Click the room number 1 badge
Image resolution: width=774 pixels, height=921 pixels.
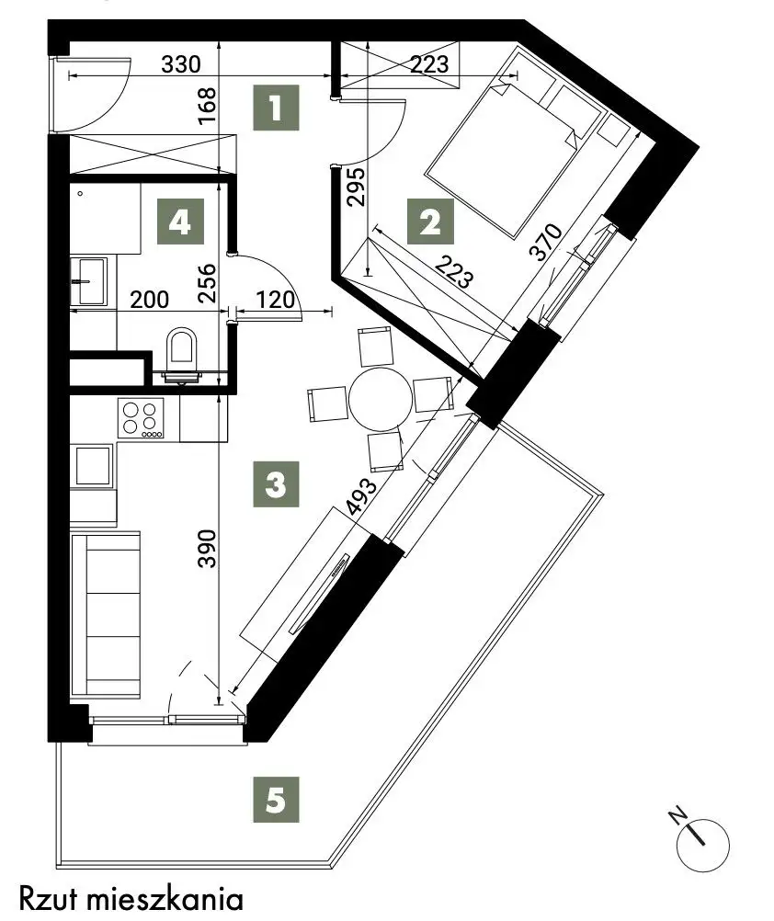276,108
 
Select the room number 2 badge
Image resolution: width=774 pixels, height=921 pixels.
431,222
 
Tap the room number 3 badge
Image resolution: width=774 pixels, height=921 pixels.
276,484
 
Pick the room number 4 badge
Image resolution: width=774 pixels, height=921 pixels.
179,222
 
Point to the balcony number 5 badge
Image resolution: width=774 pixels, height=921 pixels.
276,800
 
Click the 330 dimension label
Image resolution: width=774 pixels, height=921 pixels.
181,64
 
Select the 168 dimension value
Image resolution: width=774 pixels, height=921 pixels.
208,106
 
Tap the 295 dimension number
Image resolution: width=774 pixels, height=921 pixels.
356,187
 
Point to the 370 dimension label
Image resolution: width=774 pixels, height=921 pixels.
547,242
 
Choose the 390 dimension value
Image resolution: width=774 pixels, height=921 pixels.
208,549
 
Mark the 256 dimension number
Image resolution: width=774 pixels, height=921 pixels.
208,284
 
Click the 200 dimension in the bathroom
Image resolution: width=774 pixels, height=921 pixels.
149,300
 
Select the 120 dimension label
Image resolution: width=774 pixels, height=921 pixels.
276,300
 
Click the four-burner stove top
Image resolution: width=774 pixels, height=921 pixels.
141,417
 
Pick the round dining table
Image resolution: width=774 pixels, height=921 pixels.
381,400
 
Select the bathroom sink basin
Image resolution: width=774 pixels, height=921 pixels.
89,281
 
